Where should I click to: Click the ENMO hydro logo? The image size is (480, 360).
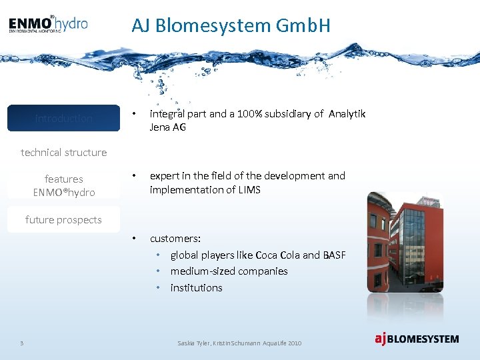coord(48,24)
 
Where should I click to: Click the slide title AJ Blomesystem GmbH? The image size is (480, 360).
coord(231,25)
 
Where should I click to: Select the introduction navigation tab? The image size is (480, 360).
coord(63,118)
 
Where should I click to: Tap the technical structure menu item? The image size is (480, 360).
coord(63,152)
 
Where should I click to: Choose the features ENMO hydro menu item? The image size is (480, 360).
coord(64,185)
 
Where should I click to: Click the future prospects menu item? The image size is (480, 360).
coord(63,219)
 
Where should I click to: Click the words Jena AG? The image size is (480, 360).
coord(167,127)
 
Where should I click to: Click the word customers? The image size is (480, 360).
coord(175,238)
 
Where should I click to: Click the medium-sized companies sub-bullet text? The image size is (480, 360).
coord(229,271)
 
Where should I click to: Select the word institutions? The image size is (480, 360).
coord(196,288)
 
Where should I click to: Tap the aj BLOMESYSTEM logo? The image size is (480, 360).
coord(416,339)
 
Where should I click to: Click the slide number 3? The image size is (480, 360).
coord(22,343)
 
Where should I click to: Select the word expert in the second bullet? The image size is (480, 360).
coord(164,176)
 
